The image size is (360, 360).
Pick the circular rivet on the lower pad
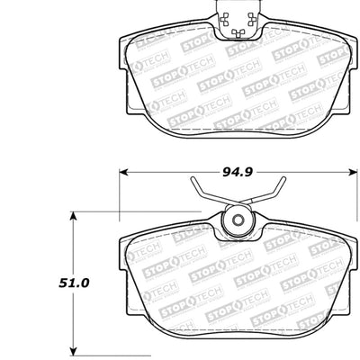[238, 225]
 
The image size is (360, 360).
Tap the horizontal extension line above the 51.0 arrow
[94, 211]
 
